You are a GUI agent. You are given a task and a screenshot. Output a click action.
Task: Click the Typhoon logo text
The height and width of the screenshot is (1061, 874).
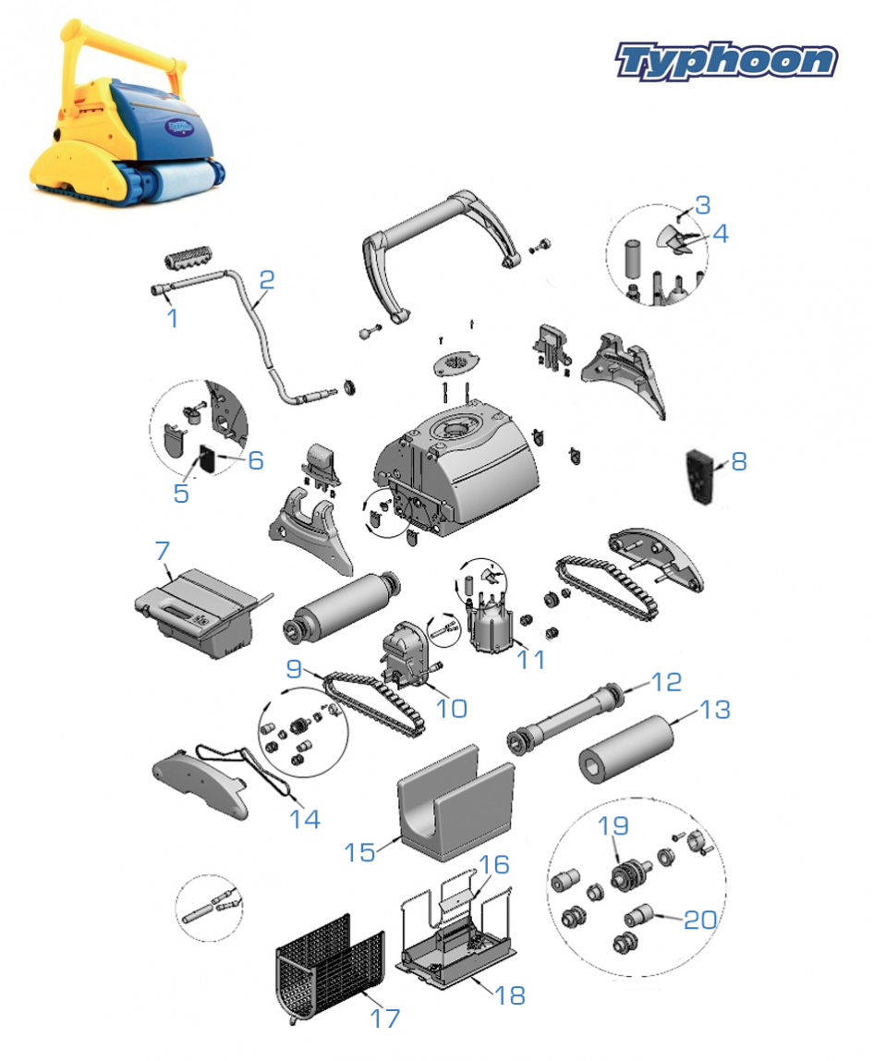pyautogui.click(x=726, y=61)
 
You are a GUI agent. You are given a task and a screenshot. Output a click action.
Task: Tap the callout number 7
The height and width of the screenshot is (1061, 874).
pyautogui.click(x=163, y=551)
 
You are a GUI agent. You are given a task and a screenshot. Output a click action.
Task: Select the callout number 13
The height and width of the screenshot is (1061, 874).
pyautogui.click(x=715, y=709)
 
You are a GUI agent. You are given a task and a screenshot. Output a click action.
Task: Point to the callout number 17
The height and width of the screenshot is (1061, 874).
pyautogui.click(x=385, y=1018)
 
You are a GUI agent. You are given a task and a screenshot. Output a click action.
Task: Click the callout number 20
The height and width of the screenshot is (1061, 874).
pyautogui.click(x=700, y=920)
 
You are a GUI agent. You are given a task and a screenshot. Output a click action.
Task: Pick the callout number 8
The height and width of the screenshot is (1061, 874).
pyautogui.click(x=739, y=461)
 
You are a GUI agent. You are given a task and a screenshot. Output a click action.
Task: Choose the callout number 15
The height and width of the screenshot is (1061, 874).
pyautogui.click(x=360, y=852)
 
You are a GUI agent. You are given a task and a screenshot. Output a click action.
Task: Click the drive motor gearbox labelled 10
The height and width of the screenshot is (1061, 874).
pyautogui.click(x=405, y=652)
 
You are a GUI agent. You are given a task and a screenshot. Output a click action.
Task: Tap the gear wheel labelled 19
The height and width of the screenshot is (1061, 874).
pyautogui.click(x=628, y=873)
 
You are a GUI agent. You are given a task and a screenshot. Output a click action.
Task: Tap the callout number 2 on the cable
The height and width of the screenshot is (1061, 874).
pyautogui.click(x=266, y=279)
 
